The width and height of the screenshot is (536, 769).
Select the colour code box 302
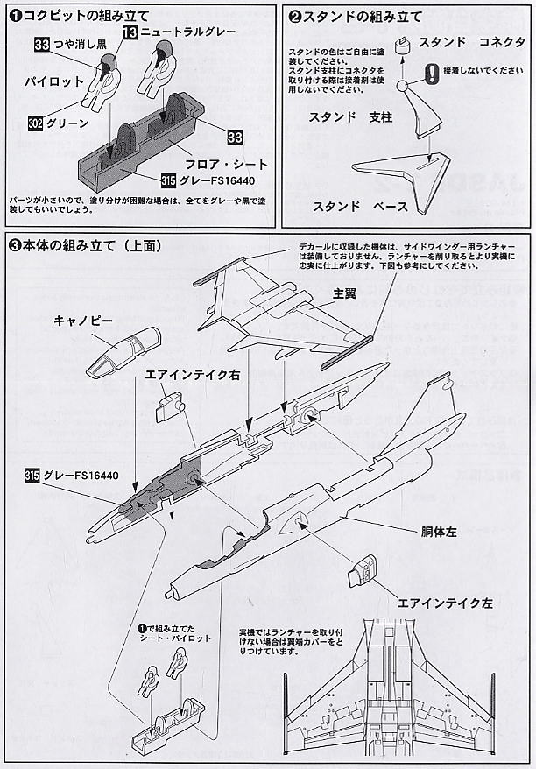pyautogui.click(x=35, y=124)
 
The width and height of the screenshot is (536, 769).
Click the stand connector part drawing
pyautogui.click(x=403, y=47)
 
